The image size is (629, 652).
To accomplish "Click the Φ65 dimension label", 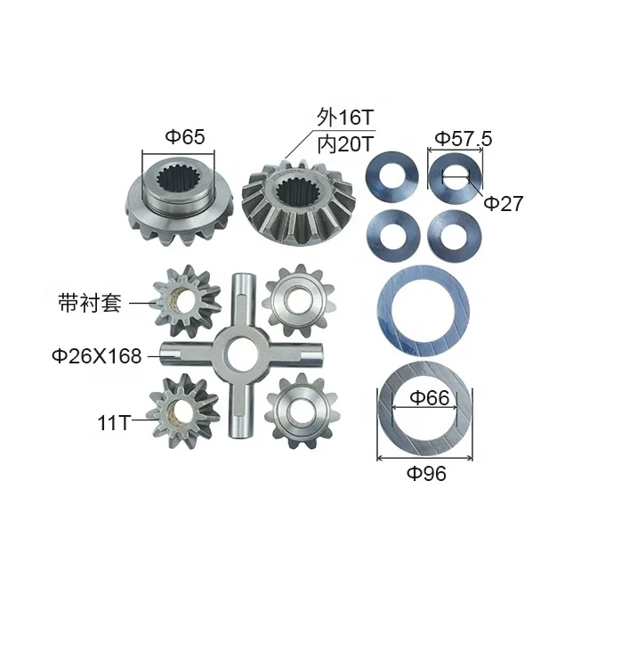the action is pyautogui.click(x=185, y=137).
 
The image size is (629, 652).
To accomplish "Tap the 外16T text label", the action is pyautogui.click(x=345, y=118).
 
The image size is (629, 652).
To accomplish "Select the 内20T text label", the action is pyautogui.click(x=346, y=144).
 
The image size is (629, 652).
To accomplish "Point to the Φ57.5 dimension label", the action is pyautogui.click(x=464, y=138).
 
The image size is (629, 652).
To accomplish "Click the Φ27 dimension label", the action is pyautogui.click(x=504, y=203).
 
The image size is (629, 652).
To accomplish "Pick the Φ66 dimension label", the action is pyautogui.click(x=430, y=398).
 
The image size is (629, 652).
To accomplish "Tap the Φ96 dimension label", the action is pyautogui.click(x=426, y=473).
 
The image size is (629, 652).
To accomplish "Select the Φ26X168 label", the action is pyautogui.click(x=96, y=356).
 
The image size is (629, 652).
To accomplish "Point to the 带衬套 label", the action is pyautogui.click(x=90, y=302).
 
